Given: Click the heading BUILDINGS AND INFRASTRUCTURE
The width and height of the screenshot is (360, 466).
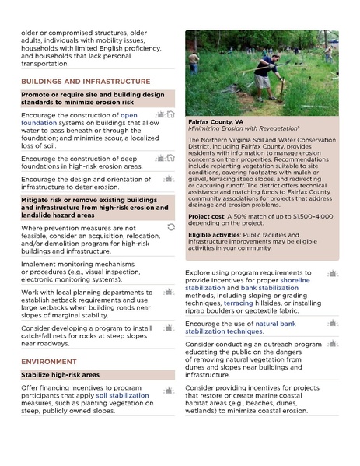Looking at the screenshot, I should click(86, 81).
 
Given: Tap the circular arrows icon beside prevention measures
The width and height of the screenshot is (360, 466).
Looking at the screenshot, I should click(171, 227).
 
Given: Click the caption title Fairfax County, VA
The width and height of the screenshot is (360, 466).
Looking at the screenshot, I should click(215, 122).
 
